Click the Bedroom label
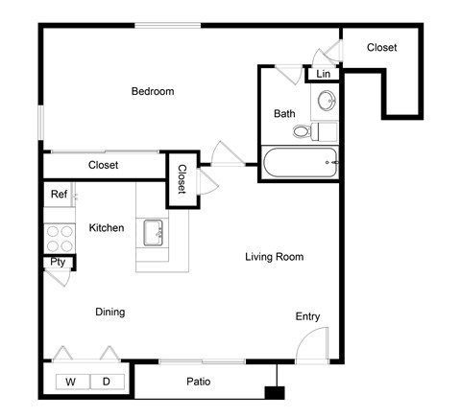[153, 92]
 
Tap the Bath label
[284, 113]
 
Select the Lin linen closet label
[323, 74]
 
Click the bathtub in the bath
[300, 162]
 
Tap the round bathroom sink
[327, 99]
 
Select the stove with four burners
[60, 237]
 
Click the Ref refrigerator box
[59, 195]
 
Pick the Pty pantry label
[58, 261]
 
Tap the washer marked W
[71, 382]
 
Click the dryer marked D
[107, 382]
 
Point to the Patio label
[199, 382]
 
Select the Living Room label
[274, 257]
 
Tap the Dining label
[109, 312]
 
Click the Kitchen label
[107, 228]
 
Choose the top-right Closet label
[381, 47]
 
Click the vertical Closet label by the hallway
[181, 179]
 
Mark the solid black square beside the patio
[276, 392]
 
